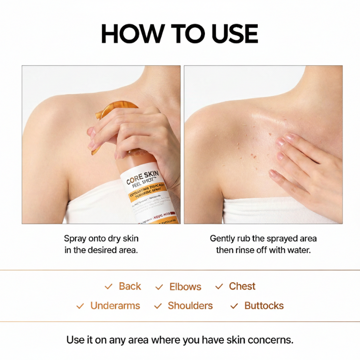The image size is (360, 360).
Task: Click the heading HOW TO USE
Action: pyautogui.click(x=180, y=34)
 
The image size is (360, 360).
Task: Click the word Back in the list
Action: pyautogui.click(x=130, y=287)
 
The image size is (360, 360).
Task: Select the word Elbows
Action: pyautogui.click(x=185, y=287)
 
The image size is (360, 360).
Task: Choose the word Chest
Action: pyautogui.click(x=242, y=287)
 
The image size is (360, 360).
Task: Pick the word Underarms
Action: pyautogui.click(x=115, y=306)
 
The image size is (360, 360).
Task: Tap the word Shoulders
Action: pyautogui.click(x=190, y=306)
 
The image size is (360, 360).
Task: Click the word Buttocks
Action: pyautogui.click(x=264, y=306)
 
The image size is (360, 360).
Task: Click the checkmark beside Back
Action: pyautogui.click(x=108, y=287)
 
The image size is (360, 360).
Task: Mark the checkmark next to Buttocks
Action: pyautogui.click(x=234, y=306)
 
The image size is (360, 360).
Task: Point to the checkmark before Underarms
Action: pyautogui.click(x=81, y=306)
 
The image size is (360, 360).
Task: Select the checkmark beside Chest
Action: pyautogui.click(x=219, y=287)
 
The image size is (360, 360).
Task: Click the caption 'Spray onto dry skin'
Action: pyautogui.click(x=101, y=239)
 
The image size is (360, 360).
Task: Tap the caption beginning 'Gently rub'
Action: pyautogui.click(x=264, y=239)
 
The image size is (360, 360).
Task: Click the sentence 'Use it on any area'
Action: pyautogui.click(x=180, y=340)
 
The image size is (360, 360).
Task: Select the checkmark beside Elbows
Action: pyautogui.click(x=159, y=288)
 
